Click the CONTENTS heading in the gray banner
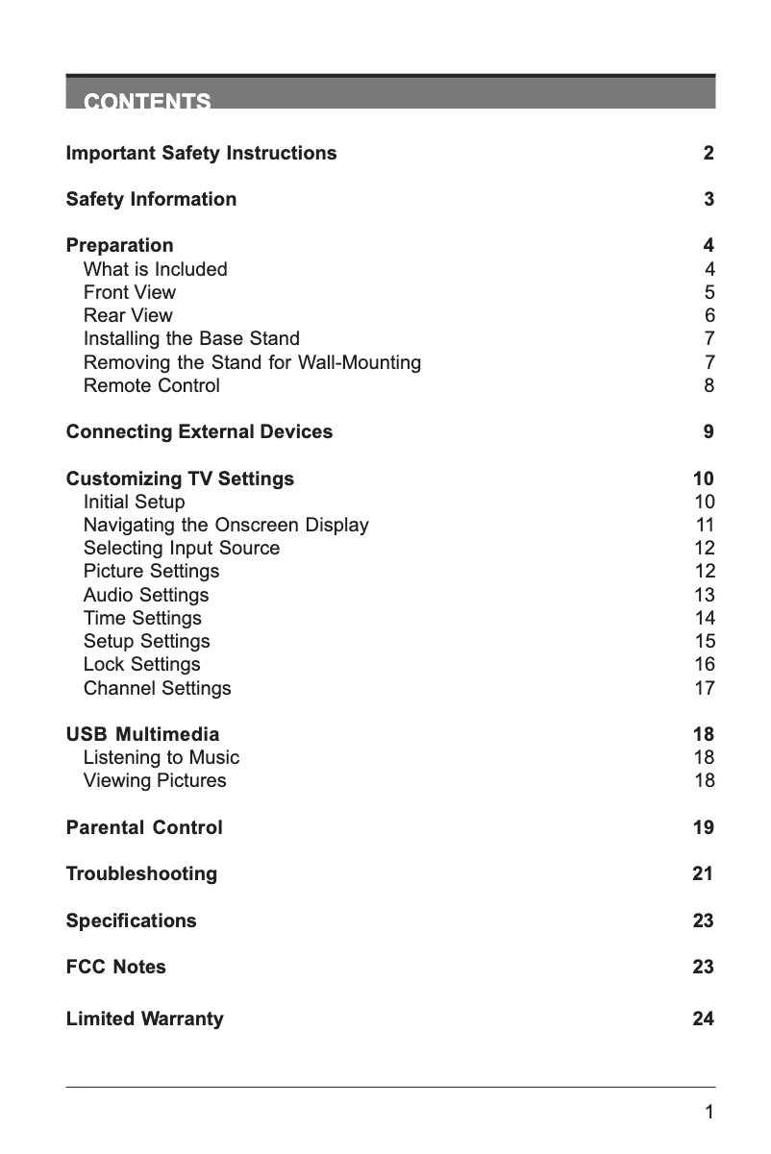point(147,101)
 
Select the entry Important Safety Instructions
point(201,154)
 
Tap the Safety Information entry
point(151,200)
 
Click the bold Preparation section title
point(119,246)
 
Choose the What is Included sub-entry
point(156,270)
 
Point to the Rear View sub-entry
point(129,316)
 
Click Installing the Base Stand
point(191,339)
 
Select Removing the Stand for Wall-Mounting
point(252,363)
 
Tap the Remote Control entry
point(152,386)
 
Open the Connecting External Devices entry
point(199,432)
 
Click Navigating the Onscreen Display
point(226,526)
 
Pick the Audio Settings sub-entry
point(146,596)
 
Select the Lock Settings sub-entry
point(142,665)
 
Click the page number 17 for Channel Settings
point(705,689)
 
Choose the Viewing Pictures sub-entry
point(155,781)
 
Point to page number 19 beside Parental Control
point(704,828)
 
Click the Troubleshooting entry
point(141,874)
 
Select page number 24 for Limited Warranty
point(704,1019)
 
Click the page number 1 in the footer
point(709,1113)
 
